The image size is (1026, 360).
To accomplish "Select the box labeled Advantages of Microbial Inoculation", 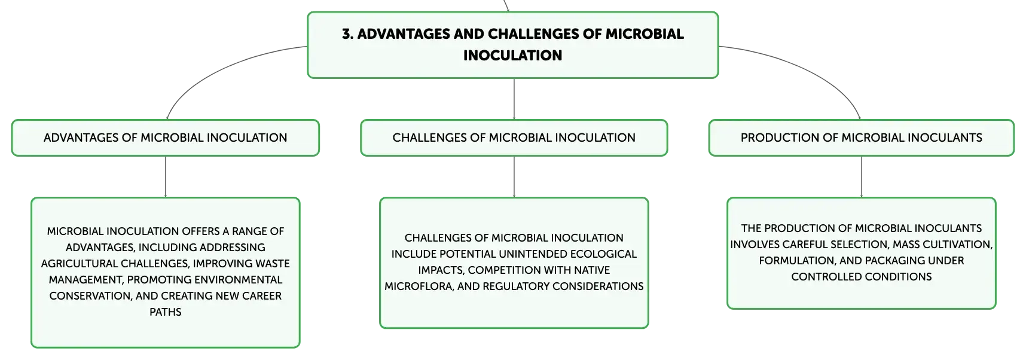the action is coord(166,138).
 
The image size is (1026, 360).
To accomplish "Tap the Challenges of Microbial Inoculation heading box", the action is coord(514,138).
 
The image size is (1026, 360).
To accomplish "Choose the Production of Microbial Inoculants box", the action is coord(862,138).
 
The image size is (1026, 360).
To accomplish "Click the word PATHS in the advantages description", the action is coord(166,312).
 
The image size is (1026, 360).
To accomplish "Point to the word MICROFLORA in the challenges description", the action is coord(419,286).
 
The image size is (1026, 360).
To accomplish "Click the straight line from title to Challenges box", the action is coord(514,99).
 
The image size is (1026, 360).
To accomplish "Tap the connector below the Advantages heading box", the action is coord(166,177).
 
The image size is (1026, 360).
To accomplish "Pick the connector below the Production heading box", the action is coord(862,177).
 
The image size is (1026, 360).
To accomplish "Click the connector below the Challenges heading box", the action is coord(514,177).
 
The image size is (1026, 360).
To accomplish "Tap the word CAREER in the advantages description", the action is coord(262,296).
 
